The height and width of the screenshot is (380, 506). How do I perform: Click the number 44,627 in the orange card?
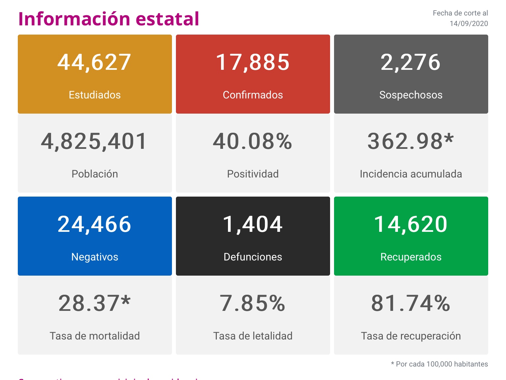click(x=95, y=62)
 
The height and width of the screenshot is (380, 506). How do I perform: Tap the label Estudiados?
click(x=95, y=95)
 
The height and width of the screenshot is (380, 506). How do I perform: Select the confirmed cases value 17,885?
click(x=253, y=62)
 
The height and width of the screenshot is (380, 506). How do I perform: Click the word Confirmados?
click(x=253, y=95)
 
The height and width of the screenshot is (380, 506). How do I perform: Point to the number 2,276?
click(x=410, y=62)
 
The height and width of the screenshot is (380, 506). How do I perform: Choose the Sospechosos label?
click(x=411, y=95)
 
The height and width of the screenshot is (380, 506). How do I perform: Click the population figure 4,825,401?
click(x=94, y=141)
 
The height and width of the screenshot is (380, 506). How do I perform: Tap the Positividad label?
click(x=253, y=174)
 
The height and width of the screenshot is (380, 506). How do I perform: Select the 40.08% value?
click(x=252, y=141)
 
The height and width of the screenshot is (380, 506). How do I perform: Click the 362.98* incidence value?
click(x=410, y=141)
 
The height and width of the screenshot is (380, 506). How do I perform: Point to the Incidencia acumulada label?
click(x=411, y=174)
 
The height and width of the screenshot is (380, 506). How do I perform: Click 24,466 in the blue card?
click(x=95, y=224)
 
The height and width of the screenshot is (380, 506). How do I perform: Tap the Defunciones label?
click(x=253, y=257)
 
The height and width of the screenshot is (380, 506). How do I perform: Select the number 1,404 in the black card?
click(x=253, y=224)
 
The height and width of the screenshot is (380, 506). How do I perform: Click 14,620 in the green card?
click(x=411, y=224)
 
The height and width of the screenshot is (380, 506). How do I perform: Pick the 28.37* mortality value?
click(x=95, y=303)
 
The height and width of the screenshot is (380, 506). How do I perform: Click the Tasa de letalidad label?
click(x=253, y=336)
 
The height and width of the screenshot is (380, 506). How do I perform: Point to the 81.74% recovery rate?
click(x=410, y=303)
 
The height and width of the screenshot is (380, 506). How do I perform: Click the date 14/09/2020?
click(x=469, y=24)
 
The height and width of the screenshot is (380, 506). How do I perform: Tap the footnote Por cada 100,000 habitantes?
click(x=441, y=364)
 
